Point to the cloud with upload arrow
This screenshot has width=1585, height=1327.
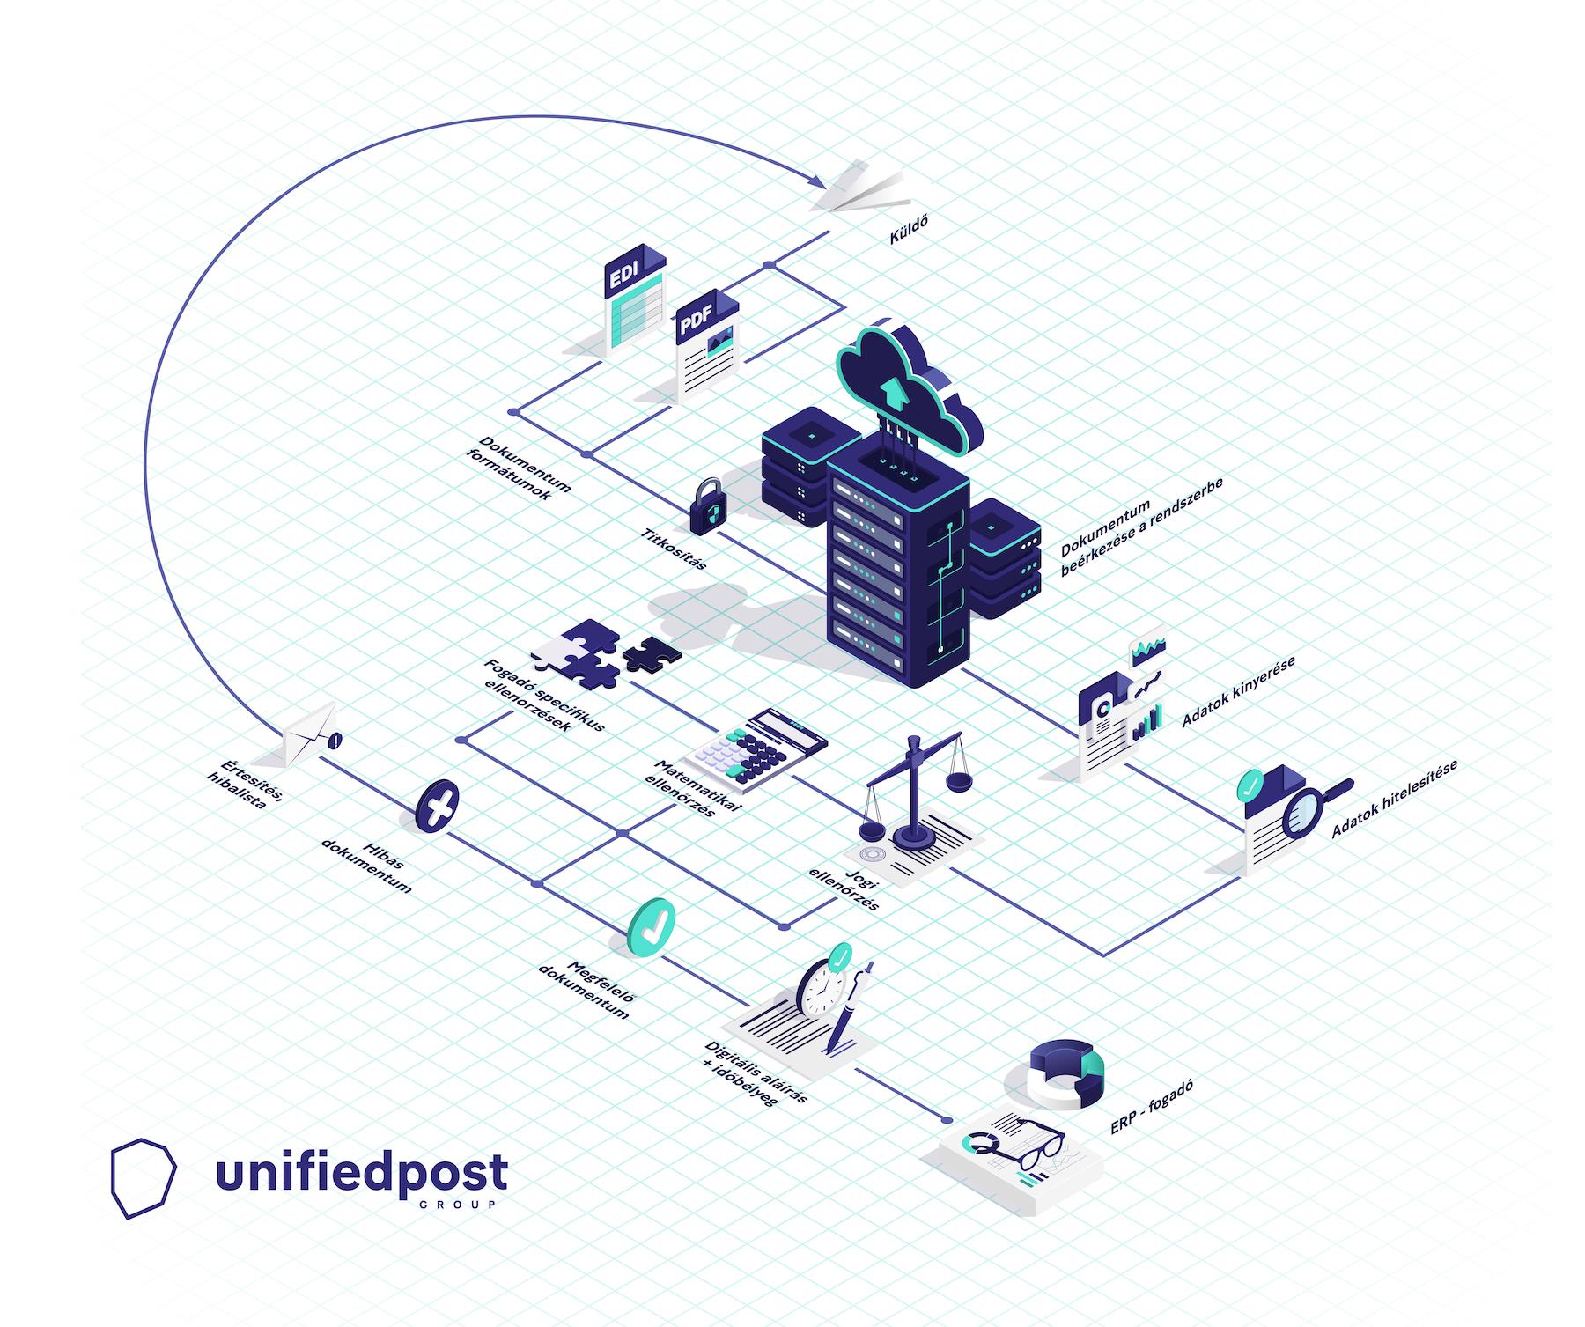coord(908,387)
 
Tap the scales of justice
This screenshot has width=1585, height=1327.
coord(917,792)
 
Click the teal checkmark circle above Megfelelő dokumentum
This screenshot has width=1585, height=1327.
coord(652,926)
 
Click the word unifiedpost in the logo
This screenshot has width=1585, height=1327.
coord(361,1173)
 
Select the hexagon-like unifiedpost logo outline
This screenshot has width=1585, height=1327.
coord(144,1178)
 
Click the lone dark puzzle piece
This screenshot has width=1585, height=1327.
coord(652,653)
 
